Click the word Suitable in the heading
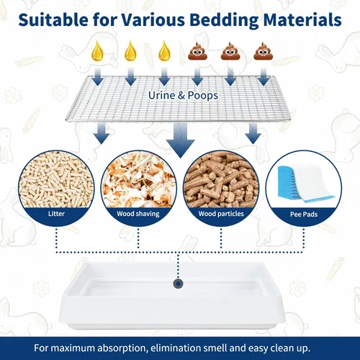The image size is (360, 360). [x=53, y=19]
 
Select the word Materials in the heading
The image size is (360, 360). [x=302, y=19]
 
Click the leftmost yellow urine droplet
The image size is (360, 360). [x=97, y=51]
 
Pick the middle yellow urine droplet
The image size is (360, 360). [x=130, y=51]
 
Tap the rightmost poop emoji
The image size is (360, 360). [x=264, y=51]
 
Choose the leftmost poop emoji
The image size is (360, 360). [x=197, y=51]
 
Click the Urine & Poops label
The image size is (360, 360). [x=183, y=95]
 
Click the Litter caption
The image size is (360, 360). [x=56, y=214]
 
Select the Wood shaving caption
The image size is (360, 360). [x=138, y=214]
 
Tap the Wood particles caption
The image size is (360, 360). [x=221, y=214]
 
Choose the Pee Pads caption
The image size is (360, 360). [x=304, y=215]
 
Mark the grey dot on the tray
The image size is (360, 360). [x=178, y=284]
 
